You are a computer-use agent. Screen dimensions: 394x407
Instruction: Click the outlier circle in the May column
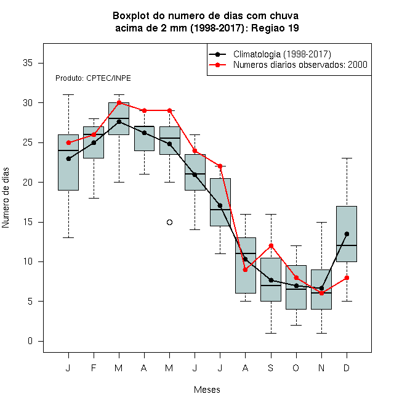169,222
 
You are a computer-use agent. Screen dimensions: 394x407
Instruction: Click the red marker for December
347,277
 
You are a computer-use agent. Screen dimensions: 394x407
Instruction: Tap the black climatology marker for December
347,234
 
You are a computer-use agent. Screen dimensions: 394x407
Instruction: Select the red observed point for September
271,245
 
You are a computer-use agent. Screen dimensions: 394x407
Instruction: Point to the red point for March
119,102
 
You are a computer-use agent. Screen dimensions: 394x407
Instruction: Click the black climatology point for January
68,158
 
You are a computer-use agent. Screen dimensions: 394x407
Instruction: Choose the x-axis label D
347,368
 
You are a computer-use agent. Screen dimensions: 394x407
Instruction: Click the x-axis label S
271,368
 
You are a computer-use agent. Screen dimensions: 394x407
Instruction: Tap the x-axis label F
94,368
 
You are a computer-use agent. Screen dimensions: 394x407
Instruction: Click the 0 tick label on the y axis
30,341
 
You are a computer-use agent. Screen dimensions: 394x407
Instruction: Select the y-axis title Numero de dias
6,198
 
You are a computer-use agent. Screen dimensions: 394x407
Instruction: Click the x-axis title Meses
207,390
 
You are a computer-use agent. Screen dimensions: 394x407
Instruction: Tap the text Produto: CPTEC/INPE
93,78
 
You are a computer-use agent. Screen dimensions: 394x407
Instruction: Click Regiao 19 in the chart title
275,28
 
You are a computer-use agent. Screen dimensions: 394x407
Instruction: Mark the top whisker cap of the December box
347,158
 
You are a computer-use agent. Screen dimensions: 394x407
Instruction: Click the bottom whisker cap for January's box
68,237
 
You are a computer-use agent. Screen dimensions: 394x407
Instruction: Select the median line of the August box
246,253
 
